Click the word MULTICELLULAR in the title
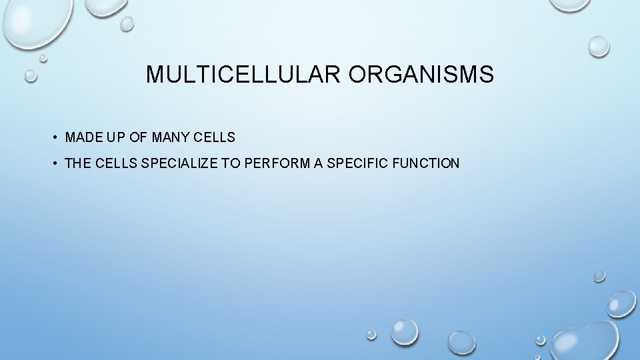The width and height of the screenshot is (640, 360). pos(243,75)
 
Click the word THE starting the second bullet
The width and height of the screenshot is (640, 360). pos(78,163)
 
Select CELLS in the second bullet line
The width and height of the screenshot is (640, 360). pos(117,163)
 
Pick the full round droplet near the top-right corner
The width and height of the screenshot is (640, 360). pos(599,45)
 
